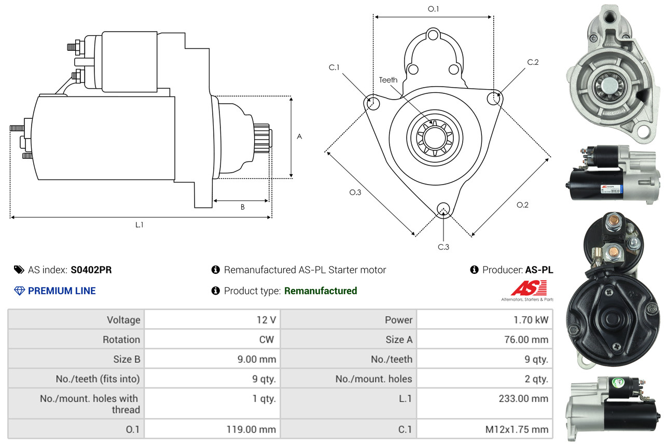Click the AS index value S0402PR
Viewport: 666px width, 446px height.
pos(91,270)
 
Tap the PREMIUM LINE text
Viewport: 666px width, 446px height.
pos(62,291)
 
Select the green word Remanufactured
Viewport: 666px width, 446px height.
pos(321,291)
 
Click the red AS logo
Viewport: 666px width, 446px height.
pos(529,288)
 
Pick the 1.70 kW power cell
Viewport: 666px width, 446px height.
pos(484,319)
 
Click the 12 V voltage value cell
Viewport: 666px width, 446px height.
pos(212,319)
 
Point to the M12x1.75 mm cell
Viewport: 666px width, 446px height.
pos(484,429)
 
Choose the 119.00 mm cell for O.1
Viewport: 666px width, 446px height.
pos(212,429)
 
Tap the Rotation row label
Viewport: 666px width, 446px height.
pos(121,339)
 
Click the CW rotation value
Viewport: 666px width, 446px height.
pos(267,339)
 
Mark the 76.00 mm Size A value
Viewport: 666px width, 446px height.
pos(526,339)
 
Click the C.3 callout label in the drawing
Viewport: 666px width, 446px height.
pos(443,247)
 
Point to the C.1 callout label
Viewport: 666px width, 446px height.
pos(334,67)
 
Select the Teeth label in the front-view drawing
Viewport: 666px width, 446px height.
pos(388,80)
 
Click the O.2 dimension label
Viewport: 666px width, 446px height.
pos(522,204)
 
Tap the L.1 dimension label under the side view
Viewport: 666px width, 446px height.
pos(139,225)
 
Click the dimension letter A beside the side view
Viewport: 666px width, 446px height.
pos(299,136)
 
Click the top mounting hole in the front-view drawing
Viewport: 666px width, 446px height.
pos(433,35)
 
